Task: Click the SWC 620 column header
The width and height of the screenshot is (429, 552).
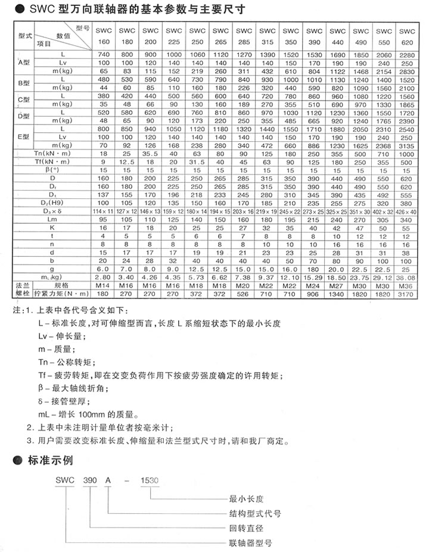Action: (x=408, y=36)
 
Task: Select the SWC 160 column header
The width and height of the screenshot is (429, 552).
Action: (x=104, y=36)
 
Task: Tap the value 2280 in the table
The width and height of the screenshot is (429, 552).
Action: (x=408, y=54)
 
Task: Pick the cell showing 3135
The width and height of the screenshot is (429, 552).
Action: (x=408, y=144)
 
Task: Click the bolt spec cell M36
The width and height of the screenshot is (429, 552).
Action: (x=408, y=285)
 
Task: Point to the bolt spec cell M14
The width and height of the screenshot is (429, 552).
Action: (x=104, y=285)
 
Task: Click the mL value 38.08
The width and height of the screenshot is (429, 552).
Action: (x=408, y=277)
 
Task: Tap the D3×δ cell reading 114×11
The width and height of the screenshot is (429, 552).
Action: (x=104, y=211)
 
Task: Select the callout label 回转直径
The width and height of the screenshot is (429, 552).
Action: (x=247, y=528)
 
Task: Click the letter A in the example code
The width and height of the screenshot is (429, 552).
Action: (x=108, y=481)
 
